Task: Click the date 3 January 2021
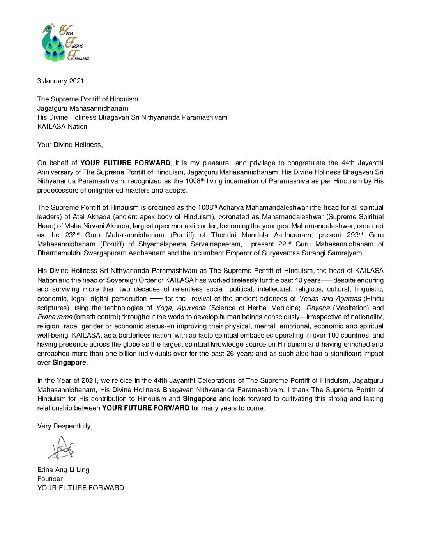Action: click(60, 81)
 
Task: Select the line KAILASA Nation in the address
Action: click(62, 127)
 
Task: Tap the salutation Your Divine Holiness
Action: click(70, 145)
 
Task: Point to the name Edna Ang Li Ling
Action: click(63, 470)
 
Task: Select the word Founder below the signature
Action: click(50, 479)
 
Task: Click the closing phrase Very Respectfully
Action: click(65, 426)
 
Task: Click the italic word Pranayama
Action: click(55, 317)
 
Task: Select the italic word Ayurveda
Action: click(191, 308)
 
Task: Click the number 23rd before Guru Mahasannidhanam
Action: click(72, 235)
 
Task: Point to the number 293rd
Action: click(355, 235)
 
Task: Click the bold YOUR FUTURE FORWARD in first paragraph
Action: click(125, 163)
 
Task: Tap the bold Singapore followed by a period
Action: click(69, 363)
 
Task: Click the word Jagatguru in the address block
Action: click(52, 108)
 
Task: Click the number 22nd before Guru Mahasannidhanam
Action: click(287, 244)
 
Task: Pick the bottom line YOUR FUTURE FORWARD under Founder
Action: click(81, 488)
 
